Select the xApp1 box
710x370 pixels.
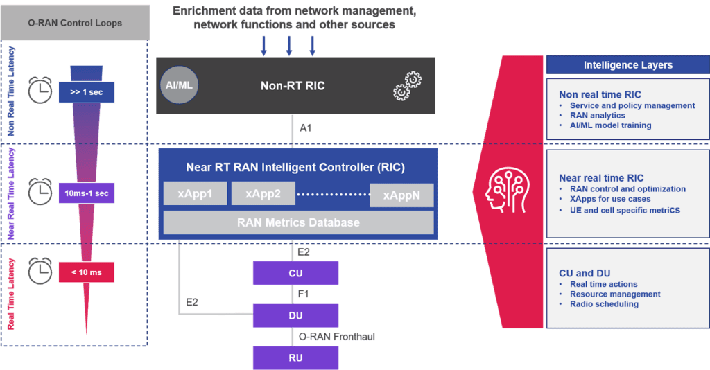point(195,195)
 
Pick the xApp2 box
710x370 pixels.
point(263,195)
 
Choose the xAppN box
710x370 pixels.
point(401,195)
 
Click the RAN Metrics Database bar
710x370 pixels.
point(298,222)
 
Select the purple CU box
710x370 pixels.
point(295,273)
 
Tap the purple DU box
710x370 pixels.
point(295,315)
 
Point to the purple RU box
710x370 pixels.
point(295,358)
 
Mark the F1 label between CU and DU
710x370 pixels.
point(303,294)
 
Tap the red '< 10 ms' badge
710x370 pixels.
point(85,272)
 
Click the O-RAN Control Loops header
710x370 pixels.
point(75,23)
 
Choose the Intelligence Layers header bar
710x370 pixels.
point(627,65)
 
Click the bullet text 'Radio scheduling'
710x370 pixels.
point(604,304)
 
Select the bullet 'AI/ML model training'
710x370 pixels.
point(610,125)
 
